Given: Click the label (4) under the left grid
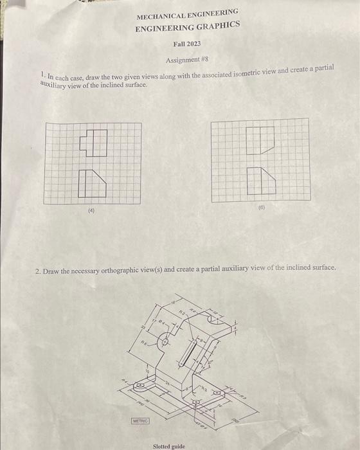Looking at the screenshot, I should coord(91,210).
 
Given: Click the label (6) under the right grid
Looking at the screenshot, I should coord(262,208).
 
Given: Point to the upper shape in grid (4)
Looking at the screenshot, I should coord(93,143).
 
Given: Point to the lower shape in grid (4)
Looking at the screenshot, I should coord(94,184).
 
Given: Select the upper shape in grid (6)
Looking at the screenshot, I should coord(260,141).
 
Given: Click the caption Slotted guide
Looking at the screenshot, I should coord(169,446).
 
